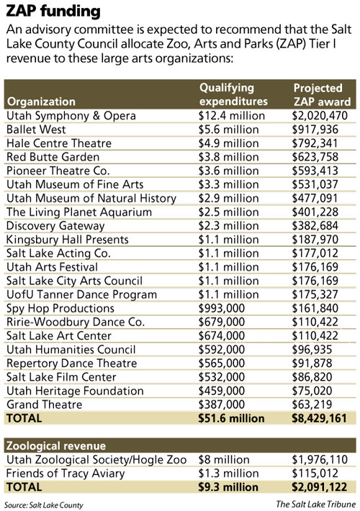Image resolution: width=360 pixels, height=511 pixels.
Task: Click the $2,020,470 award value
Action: coord(320,116)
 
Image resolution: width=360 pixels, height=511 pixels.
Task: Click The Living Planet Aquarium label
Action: coord(68,212)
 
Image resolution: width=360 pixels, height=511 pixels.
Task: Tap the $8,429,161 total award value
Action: coord(320,417)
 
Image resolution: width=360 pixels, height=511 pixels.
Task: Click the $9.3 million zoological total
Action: coord(226,487)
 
